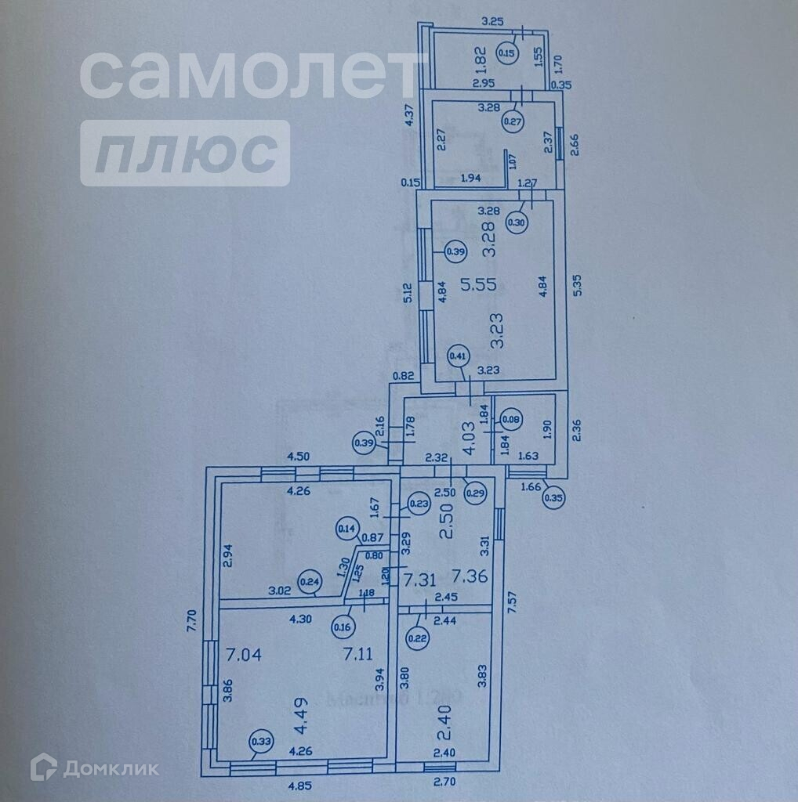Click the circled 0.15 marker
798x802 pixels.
(x=507, y=53)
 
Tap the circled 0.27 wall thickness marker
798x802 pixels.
(x=513, y=121)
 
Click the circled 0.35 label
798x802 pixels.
(x=554, y=495)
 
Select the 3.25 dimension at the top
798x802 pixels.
(x=491, y=21)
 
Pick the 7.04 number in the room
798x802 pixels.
(x=242, y=652)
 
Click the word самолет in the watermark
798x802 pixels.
(x=249, y=74)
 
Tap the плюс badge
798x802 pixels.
(x=185, y=153)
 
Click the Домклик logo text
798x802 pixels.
(x=111, y=768)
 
